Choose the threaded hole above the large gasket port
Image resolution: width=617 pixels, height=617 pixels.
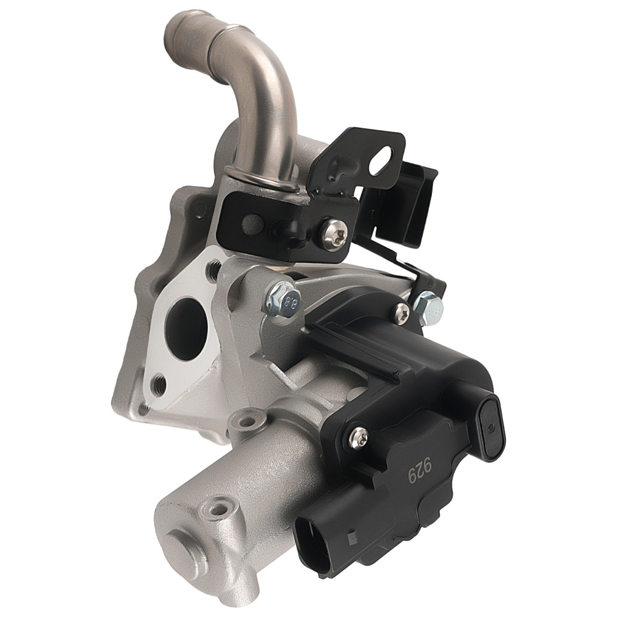[x=213, y=269]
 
